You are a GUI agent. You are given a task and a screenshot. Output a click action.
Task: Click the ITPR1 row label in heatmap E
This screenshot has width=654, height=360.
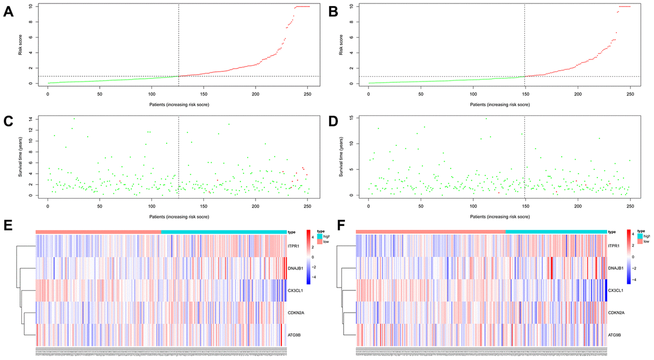[294, 246]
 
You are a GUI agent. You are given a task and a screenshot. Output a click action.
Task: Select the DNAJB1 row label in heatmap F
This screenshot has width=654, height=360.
[616, 269]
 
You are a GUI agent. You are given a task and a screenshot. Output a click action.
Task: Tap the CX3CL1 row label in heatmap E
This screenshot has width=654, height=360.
[295, 291]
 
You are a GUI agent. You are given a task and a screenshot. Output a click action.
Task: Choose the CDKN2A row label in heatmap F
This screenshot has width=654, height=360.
[616, 313]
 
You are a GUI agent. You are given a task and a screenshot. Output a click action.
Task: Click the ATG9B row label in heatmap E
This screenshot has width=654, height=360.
[294, 335]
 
